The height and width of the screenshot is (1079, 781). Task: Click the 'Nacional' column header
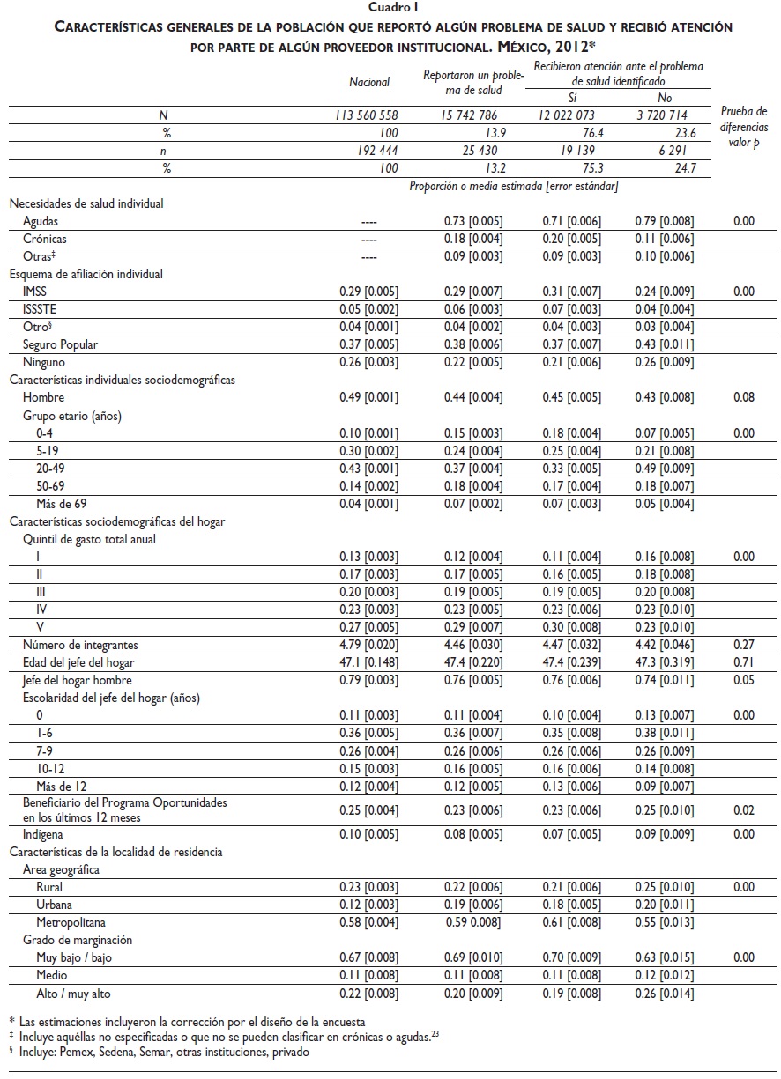369,82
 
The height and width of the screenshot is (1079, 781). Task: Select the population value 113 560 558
367,115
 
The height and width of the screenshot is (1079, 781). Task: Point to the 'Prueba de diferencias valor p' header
745,128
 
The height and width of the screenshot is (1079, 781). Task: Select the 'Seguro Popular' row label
60,344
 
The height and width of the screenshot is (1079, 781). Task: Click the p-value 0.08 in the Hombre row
744,398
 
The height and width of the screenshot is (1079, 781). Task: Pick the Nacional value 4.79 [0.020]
368,646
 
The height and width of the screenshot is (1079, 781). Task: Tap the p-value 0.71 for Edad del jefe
744,663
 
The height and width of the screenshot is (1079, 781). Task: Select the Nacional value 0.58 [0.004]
368,922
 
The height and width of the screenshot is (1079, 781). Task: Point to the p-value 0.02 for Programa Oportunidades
744,809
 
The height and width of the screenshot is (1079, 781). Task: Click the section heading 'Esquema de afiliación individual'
86,274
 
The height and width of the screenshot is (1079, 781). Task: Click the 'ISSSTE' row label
41,309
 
